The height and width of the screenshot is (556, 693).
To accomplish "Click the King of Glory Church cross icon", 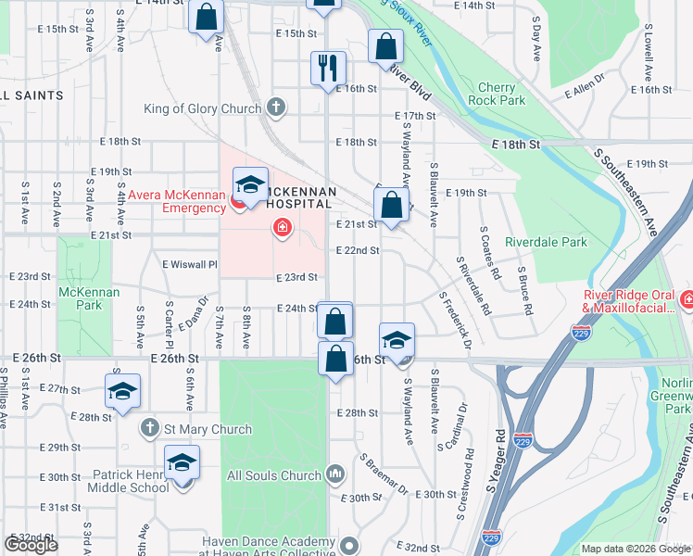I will (275, 108).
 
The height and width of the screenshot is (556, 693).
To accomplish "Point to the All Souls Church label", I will (273, 476).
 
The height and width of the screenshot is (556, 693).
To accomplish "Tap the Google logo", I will (31, 545).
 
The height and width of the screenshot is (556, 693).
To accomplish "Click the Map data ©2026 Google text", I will (635, 549).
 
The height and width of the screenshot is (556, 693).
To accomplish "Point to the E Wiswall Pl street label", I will (189, 263).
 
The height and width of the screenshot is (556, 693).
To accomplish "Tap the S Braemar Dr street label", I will (382, 474).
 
